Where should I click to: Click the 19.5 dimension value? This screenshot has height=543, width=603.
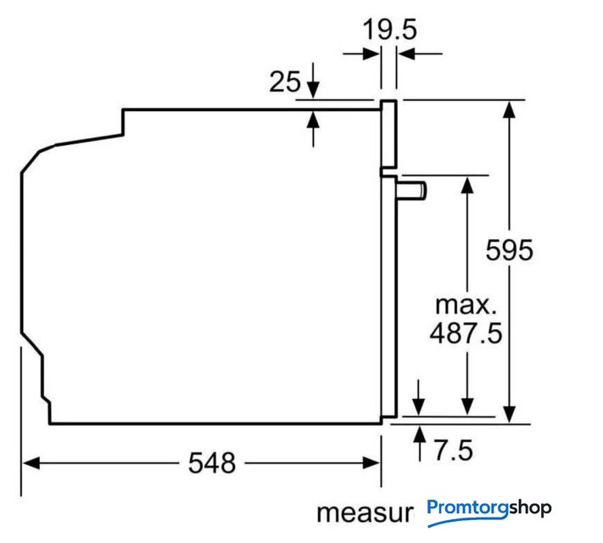tap(389, 30)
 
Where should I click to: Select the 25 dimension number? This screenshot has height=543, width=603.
tap(285, 81)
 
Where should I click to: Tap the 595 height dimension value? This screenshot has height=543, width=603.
tap(509, 250)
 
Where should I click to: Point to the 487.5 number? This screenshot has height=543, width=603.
tap(466, 333)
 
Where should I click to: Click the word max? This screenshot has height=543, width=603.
tap(466, 305)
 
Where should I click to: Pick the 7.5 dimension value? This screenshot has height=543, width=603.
tap(454, 451)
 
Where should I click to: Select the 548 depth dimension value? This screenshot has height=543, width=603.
tap(212, 462)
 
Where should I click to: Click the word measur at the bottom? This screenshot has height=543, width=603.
tap(365, 513)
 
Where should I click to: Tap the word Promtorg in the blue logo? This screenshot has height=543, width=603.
tap(468, 508)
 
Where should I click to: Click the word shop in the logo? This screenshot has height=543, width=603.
tap(530, 508)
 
